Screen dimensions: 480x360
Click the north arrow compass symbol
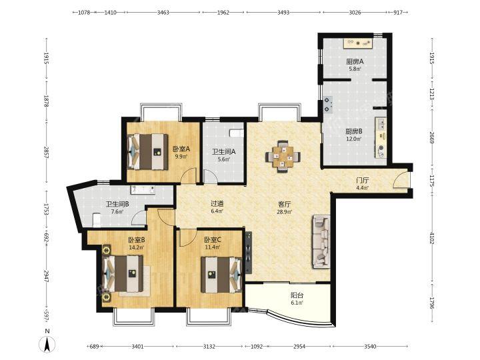47,345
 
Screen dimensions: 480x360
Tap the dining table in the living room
283,156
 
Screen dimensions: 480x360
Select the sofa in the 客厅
321,242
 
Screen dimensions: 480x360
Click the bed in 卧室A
148,151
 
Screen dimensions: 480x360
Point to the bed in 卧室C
222,275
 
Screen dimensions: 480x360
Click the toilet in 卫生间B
97,220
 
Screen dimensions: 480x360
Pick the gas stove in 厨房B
327,105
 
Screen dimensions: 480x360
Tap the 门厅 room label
362,181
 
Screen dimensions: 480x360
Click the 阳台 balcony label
297,295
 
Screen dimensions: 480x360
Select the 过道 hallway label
217,203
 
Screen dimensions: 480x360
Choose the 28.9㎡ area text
285,211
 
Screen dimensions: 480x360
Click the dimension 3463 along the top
163,13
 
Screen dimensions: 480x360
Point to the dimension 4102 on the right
431,238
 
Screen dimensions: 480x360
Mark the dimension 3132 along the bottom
209,347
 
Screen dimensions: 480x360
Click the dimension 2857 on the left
47,153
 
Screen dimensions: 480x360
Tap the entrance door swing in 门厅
401,180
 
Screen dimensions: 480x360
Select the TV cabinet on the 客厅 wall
249,253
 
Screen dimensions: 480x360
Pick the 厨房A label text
355,61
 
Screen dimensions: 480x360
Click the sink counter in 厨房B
381,138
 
